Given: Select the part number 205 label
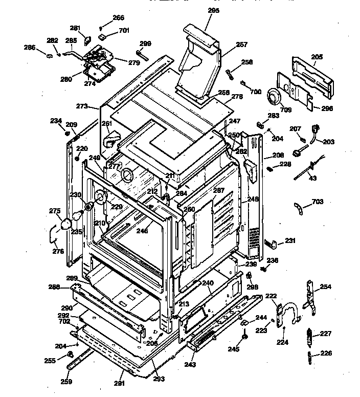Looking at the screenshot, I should point(317,57).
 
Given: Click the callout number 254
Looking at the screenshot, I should point(325,288).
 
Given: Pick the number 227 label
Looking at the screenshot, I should point(326,334).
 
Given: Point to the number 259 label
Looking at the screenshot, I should point(66,381).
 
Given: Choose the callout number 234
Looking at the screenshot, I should point(55,121).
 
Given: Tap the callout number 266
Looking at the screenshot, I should point(118,18).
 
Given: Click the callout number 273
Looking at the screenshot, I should point(82,106).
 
